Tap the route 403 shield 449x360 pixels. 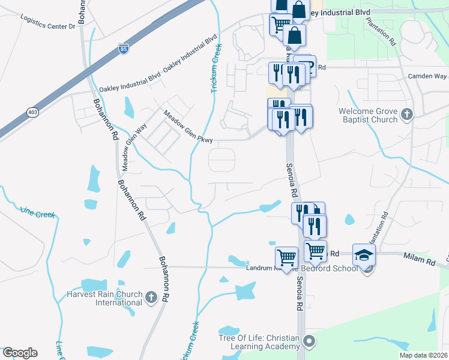coord(32,112)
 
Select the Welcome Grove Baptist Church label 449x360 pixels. coord(368,115)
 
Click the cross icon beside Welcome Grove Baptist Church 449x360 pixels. coord(407,115)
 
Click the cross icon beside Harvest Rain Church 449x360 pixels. coord(151,296)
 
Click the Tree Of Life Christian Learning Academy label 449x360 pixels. coord(259,343)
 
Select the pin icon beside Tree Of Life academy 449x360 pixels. coord(309,342)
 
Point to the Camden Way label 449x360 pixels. coord(427,76)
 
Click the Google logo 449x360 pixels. coord(20,353)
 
